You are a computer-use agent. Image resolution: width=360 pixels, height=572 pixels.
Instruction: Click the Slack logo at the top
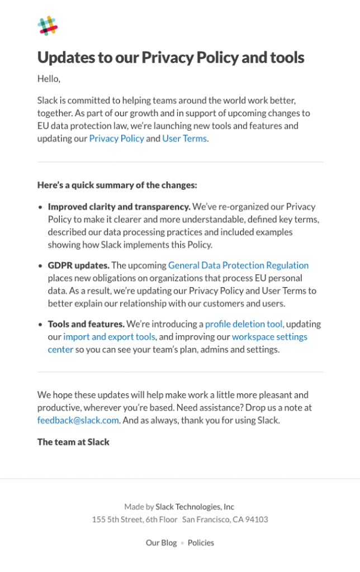(48, 26)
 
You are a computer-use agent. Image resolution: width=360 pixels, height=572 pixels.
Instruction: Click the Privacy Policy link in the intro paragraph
(116, 139)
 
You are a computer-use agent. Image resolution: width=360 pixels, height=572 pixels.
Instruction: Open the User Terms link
(184, 139)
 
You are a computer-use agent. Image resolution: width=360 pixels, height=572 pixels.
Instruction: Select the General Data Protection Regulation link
(238, 265)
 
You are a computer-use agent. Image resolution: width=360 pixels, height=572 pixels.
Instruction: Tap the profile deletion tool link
(244, 324)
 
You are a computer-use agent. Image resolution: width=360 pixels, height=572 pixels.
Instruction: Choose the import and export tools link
(109, 337)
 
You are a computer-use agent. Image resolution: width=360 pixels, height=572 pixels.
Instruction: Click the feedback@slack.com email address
(78, 420)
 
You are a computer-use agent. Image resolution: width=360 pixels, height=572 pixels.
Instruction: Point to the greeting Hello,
(49, 79)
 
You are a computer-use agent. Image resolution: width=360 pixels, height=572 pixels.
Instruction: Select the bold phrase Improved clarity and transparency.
(119, 207)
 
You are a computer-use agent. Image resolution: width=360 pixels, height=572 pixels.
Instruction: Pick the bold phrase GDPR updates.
(78, 265)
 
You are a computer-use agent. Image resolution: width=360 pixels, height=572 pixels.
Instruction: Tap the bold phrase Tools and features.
(86, 324)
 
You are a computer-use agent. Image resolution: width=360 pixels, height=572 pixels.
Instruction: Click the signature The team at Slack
(73, 442)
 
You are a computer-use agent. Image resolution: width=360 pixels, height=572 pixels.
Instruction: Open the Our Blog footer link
(161, 542)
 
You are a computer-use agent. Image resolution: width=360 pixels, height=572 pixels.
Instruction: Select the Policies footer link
(201, 542)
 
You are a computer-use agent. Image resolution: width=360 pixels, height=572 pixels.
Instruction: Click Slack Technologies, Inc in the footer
(195, 507)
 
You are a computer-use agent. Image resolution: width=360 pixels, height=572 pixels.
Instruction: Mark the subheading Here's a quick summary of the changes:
(117, 185)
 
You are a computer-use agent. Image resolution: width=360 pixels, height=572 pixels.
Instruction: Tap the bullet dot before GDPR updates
(40, 266)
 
